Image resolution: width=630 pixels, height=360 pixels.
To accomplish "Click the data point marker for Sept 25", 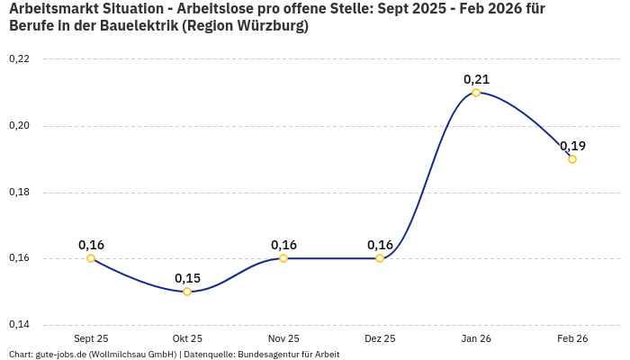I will (x=91, y=258).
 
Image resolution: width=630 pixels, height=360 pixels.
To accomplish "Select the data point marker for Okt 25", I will (x=187, y=292).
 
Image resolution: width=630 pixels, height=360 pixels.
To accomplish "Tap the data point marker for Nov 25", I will (x=283, y=258).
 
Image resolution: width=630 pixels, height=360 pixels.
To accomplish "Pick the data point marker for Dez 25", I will (x=380, y=258).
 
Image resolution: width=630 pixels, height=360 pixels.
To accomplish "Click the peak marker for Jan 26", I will (x=476, y=93).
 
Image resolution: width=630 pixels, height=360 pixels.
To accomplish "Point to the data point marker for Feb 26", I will (x=572, y=159).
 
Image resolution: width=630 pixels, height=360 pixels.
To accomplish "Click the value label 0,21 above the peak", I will (x=476, y=79).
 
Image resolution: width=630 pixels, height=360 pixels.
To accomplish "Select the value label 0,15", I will (x=187, y=278).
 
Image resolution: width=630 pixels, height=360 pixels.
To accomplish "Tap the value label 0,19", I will (x=572, y=146).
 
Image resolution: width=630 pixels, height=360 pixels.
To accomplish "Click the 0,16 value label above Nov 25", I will (x=283, y=245).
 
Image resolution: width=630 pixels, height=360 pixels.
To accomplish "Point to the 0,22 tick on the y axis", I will (x=19, y=59).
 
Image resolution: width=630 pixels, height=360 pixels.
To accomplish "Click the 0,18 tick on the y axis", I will (x=19, y=193).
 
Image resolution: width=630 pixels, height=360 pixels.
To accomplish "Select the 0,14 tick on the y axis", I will (x=19, y=325).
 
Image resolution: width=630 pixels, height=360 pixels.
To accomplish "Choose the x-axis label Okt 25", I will (x=187, y=338).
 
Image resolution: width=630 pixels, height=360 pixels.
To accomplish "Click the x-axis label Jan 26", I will (x=476, y=338).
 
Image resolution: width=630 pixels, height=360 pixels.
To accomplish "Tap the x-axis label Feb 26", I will (x=572, y=338).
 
